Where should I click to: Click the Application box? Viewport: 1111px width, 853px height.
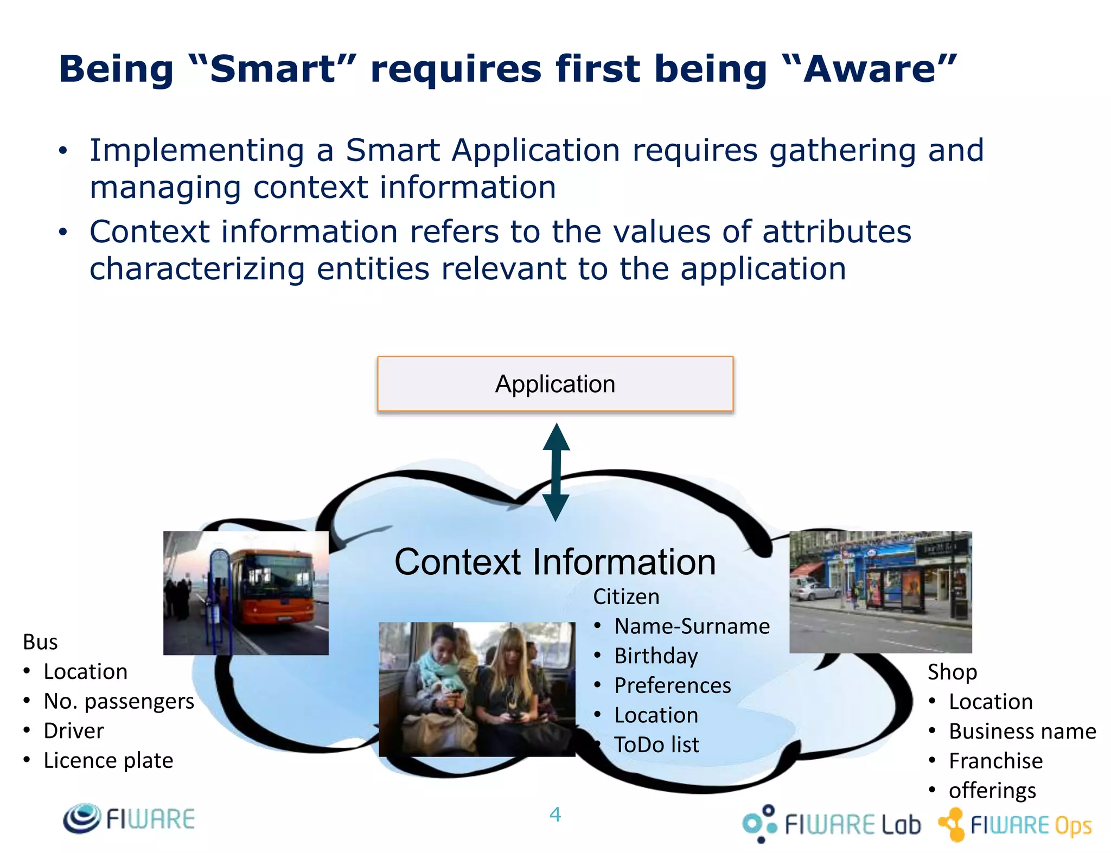coord(555,384)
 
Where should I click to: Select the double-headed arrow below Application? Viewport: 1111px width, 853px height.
coord(556,472)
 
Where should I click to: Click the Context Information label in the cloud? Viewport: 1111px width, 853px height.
coord(555,562)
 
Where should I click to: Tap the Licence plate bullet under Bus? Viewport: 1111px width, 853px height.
coord(108,760)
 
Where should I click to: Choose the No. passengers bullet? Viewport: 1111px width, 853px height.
coord(118,701)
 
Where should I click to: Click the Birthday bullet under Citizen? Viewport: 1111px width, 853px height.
coord(656,656)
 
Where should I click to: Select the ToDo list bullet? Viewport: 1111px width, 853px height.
coord(656,745)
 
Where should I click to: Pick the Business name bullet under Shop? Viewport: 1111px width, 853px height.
coord(1022,732)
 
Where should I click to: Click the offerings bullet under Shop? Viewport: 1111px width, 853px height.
coord(992,791)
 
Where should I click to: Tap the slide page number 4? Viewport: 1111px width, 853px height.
coord(555,814)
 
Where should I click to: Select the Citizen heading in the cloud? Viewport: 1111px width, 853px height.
coord(626,597)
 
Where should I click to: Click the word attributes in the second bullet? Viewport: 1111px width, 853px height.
coord(837,232)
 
